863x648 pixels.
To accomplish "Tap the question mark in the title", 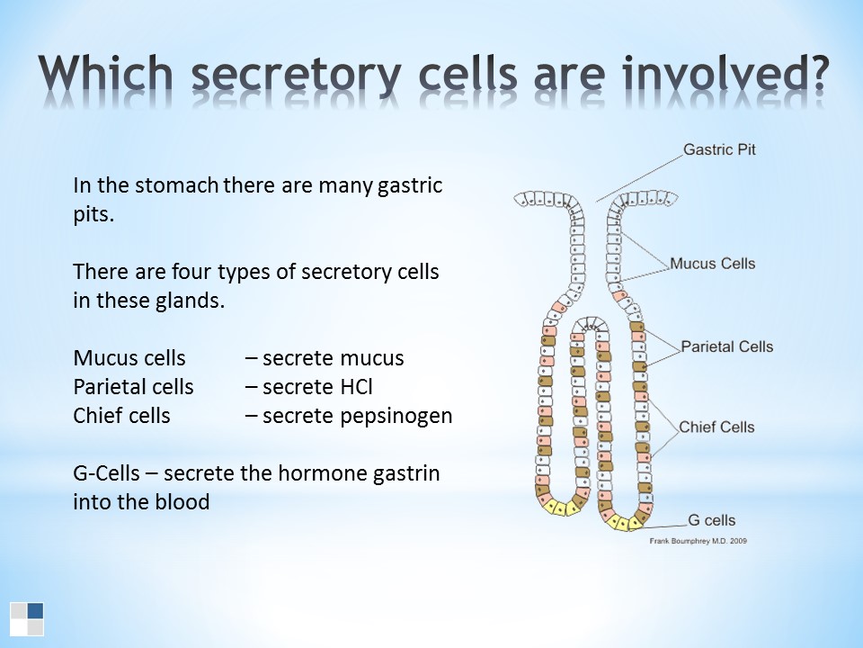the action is coord(815,72).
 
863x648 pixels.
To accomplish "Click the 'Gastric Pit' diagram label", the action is coord(719,149).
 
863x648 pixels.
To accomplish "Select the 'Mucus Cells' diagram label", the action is coord(712,264).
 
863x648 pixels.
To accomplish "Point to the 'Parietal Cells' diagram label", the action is coord(727,346).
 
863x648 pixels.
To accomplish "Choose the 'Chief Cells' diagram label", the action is coord(716,427).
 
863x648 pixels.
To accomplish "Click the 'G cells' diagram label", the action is coord(712,520).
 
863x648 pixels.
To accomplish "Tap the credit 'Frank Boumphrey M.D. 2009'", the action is coord(698,541).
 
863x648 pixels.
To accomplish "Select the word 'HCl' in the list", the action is coord(356,387).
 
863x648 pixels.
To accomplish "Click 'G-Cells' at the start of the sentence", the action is coord(106,473).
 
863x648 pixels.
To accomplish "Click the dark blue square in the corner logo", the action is coord(35,610).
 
